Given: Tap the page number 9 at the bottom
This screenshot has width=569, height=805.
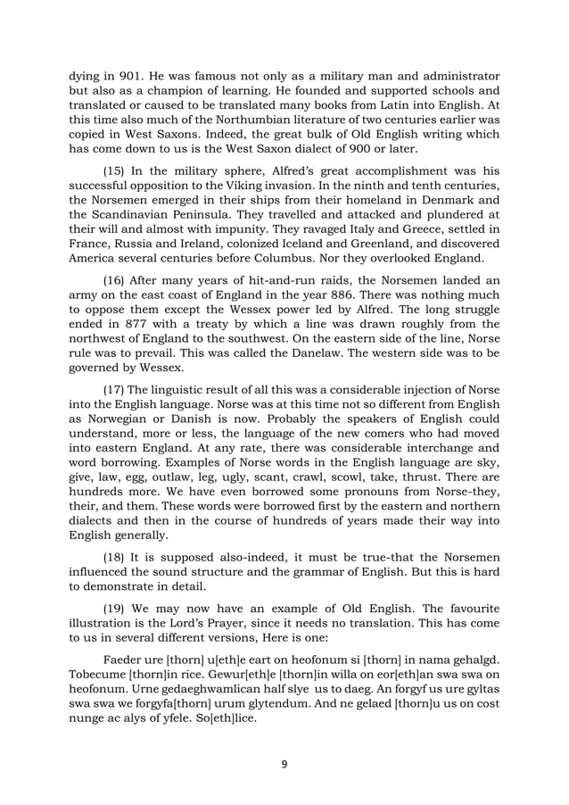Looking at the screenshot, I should click(284, 766).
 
